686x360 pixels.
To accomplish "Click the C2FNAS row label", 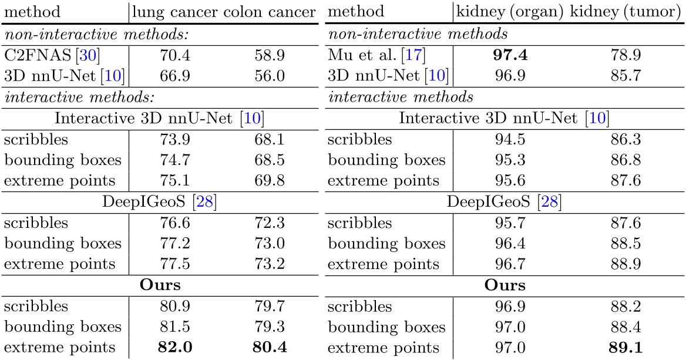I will [x=39, y=56].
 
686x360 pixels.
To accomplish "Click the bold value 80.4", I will [x=270, y=347].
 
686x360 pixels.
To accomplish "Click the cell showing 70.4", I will [x=174, y=56].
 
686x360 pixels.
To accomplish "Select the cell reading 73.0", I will [x=270, y=243].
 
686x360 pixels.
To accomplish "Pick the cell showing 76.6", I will [x=174, y=223].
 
